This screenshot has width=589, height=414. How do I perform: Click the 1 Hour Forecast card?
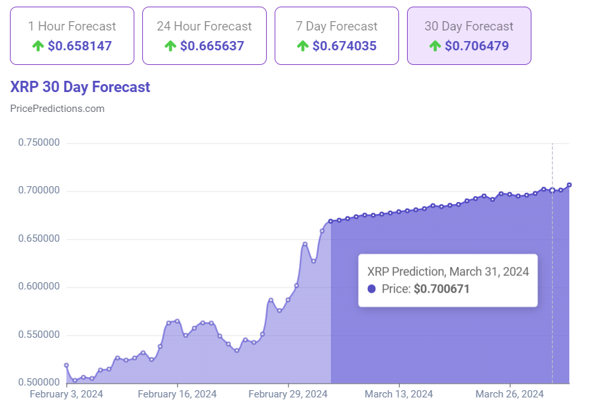click(x=71, y=36)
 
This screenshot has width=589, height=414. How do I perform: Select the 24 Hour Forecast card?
click(x=204, y=36)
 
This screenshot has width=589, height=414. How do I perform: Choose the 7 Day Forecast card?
click(x=336, y=36)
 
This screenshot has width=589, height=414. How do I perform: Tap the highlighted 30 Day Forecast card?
click(x=469, y=36)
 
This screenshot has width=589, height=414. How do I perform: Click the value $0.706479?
click(x=478, y=46)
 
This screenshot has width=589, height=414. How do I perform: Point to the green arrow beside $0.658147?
click(x=38, y=46)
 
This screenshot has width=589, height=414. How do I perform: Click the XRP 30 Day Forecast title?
click(x=80, y=87)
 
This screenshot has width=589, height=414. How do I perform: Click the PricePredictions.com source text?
click(x=58, y=109)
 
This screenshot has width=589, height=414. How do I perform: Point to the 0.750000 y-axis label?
click(x=39, y=143)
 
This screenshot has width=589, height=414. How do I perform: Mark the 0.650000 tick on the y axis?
click(x=39, y=239)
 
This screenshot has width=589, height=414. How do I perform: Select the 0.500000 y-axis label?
click(x=39, y=383)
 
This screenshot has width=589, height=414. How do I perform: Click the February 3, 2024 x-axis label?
click(x=66, y=394)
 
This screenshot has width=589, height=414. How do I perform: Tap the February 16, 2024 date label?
click(x=177, y=394)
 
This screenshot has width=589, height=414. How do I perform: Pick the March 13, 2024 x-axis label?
click(x=398, y=394)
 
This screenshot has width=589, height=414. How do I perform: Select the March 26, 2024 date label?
click(x=510, y=394)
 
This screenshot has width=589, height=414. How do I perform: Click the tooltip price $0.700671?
click(x=441, y=289)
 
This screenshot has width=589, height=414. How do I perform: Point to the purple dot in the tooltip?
click(x=371, y=289)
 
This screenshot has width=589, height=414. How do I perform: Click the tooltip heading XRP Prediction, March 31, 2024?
click(x=447, y=271)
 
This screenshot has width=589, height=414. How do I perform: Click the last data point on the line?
click(x=569, y=185)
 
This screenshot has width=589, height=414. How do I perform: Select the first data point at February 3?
click(x=66, y=365)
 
